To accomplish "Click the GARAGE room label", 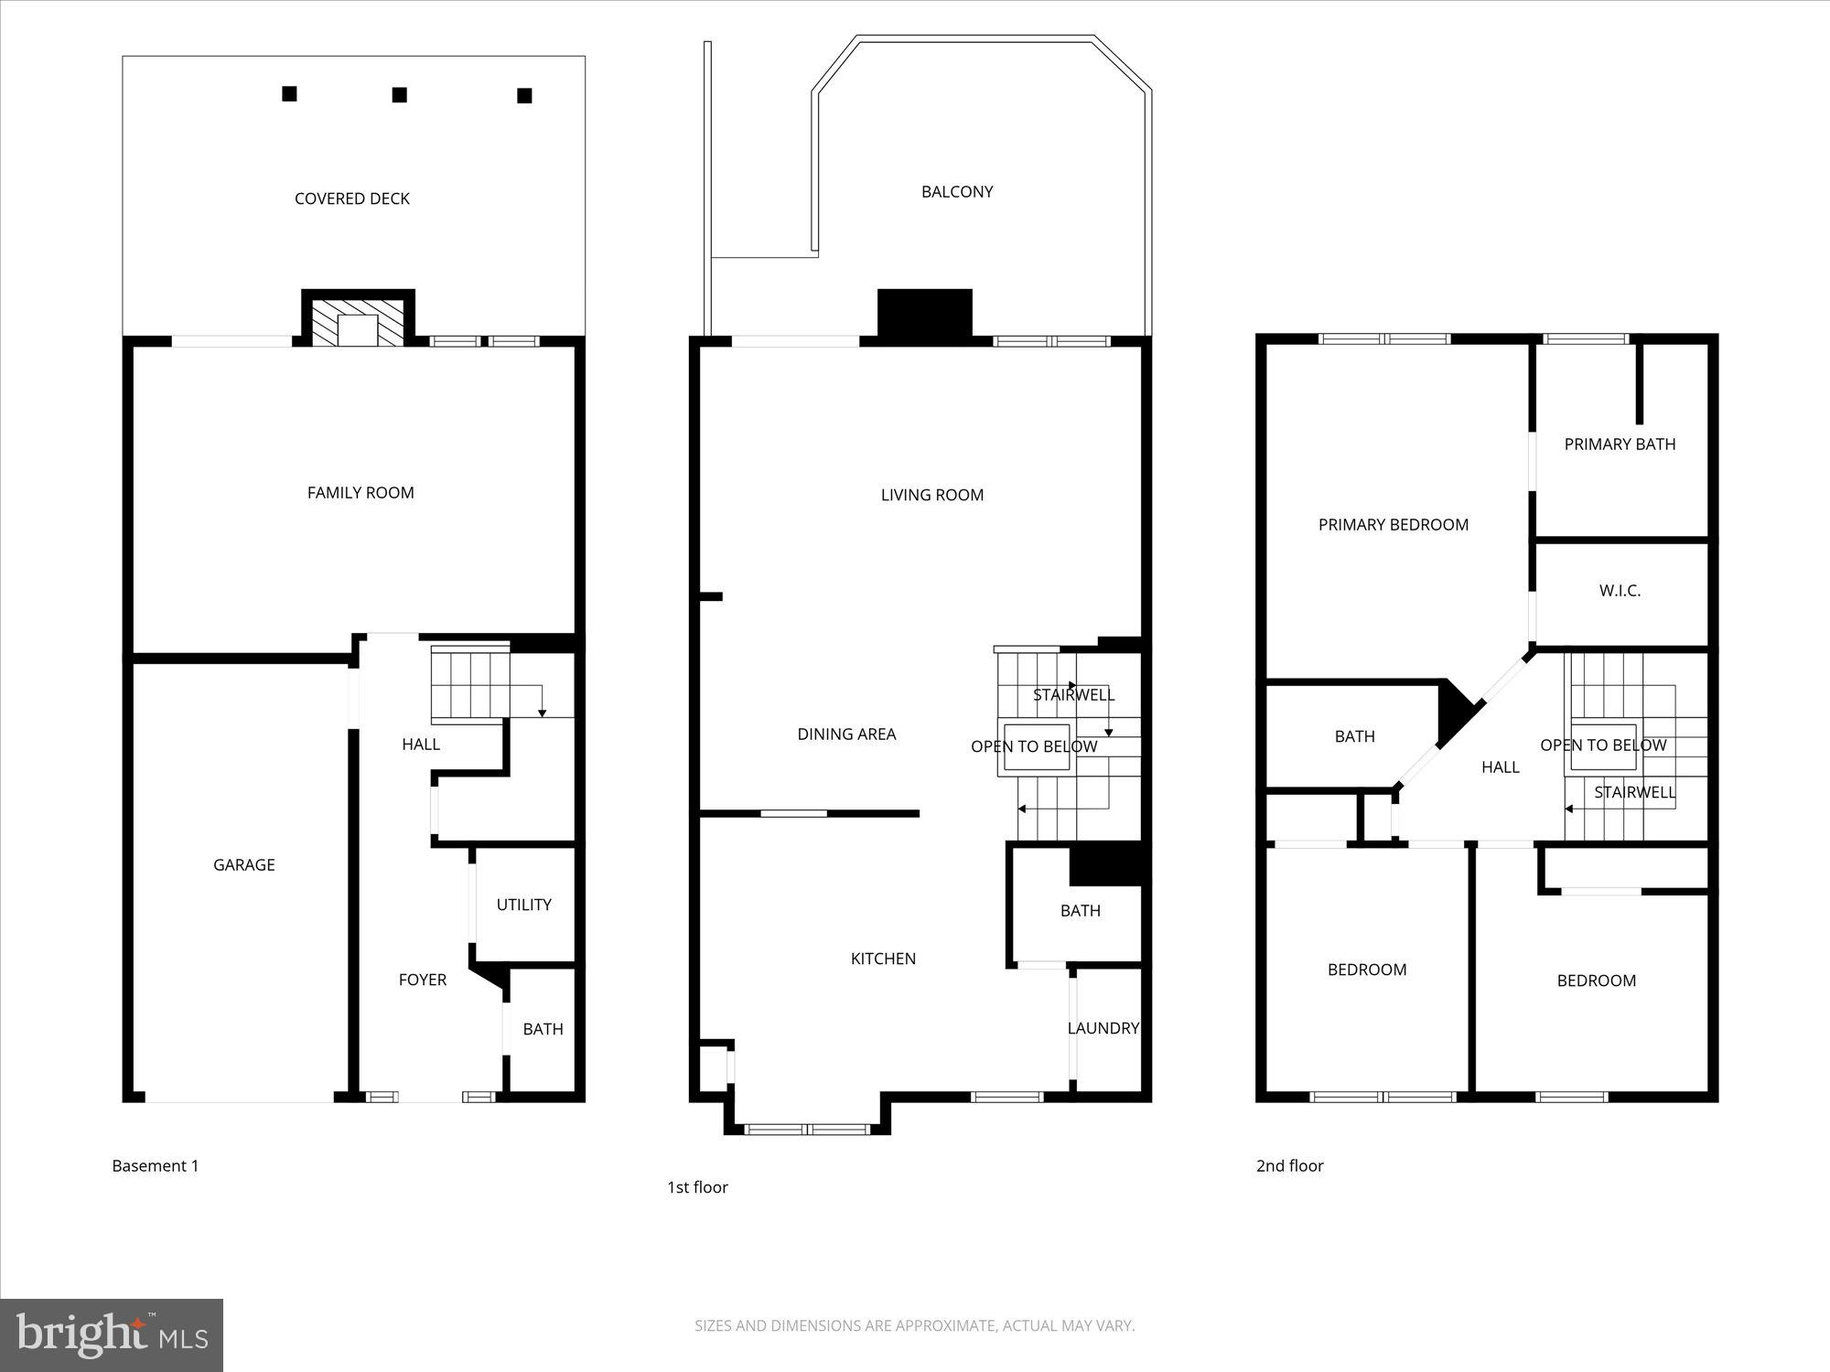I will coord(243,864).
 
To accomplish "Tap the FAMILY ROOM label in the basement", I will coord(361,493).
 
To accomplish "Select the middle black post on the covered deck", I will coord(399,95).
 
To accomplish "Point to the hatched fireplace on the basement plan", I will coord(358,323).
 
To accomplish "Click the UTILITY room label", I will coord(523,905).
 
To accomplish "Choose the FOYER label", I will coord(422,980).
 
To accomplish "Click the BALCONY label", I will coord(957,192).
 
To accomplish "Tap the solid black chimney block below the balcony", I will coord(924,315).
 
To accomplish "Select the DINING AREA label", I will coord(846,734).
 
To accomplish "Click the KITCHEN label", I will coord(883,959).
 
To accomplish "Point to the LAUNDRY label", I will coord(1103,1028).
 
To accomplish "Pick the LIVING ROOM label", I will coord(931,495).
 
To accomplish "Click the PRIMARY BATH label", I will coord(1620,445).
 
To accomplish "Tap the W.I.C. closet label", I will coord(1620,591).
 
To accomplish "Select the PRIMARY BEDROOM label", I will coord(1393,524).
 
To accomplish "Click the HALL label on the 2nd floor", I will coord(1500,767).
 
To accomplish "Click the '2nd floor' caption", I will coord(1289,1165).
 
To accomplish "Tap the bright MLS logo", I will coord(111,1334).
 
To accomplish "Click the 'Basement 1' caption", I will coord(155,1165).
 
